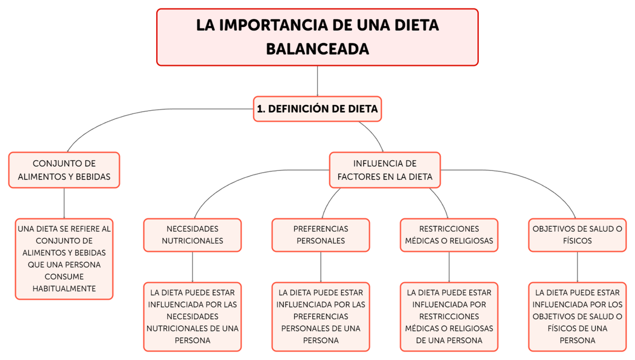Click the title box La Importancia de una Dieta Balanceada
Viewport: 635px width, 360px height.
point(317,37)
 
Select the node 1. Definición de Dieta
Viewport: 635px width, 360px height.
point(317,109)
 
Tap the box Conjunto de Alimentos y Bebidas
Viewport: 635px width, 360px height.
point(64,170)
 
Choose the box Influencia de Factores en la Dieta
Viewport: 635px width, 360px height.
point(385,170)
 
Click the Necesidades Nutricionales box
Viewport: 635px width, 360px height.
point(192,235)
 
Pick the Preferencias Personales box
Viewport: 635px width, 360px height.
point(321,235)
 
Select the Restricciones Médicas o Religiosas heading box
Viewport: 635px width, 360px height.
point(449,235)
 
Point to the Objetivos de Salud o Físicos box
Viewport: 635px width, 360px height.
point(577,235)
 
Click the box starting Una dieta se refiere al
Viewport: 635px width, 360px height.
point(64,259)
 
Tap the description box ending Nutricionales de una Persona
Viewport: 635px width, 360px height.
point(192,317)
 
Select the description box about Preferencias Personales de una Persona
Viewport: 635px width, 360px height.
point(321,317)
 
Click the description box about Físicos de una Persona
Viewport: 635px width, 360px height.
point(577,317)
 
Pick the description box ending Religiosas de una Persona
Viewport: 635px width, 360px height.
point(449,317)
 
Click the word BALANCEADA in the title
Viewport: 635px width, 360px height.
point(317,49)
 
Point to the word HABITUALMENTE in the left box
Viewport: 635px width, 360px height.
point(64,289)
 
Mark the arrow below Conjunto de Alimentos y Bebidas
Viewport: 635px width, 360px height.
point(64,204)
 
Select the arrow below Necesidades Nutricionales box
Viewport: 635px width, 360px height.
point(192,267)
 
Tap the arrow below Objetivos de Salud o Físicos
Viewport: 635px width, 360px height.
point(577,267)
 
